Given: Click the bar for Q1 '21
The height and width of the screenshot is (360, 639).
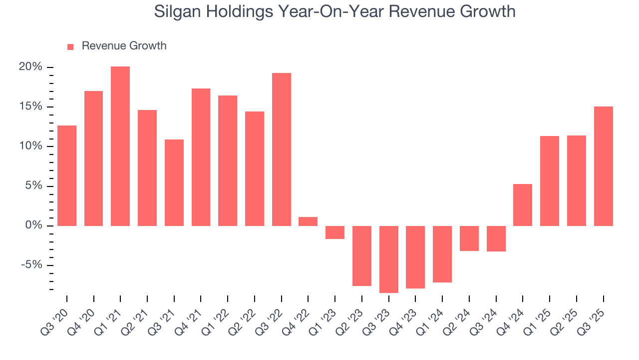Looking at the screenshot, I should [120, 146].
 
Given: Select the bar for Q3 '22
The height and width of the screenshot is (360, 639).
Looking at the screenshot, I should [282, 149].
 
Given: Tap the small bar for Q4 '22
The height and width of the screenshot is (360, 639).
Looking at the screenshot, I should [308, 221].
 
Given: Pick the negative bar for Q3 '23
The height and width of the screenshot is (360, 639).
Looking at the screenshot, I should [389, 259].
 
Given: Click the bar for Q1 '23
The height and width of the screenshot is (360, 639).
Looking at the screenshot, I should [335, 232].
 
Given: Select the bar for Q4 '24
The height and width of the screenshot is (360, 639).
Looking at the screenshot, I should [523, 205].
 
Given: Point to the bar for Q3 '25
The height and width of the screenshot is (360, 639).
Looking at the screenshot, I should [604, 166].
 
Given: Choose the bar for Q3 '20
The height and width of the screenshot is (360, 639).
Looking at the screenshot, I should [67, 175].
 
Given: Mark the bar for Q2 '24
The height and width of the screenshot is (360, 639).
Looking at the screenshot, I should [469, 238].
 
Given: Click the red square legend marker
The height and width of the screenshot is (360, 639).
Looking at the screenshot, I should [70, 46].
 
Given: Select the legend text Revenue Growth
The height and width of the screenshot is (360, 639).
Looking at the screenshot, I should [124, 46].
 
